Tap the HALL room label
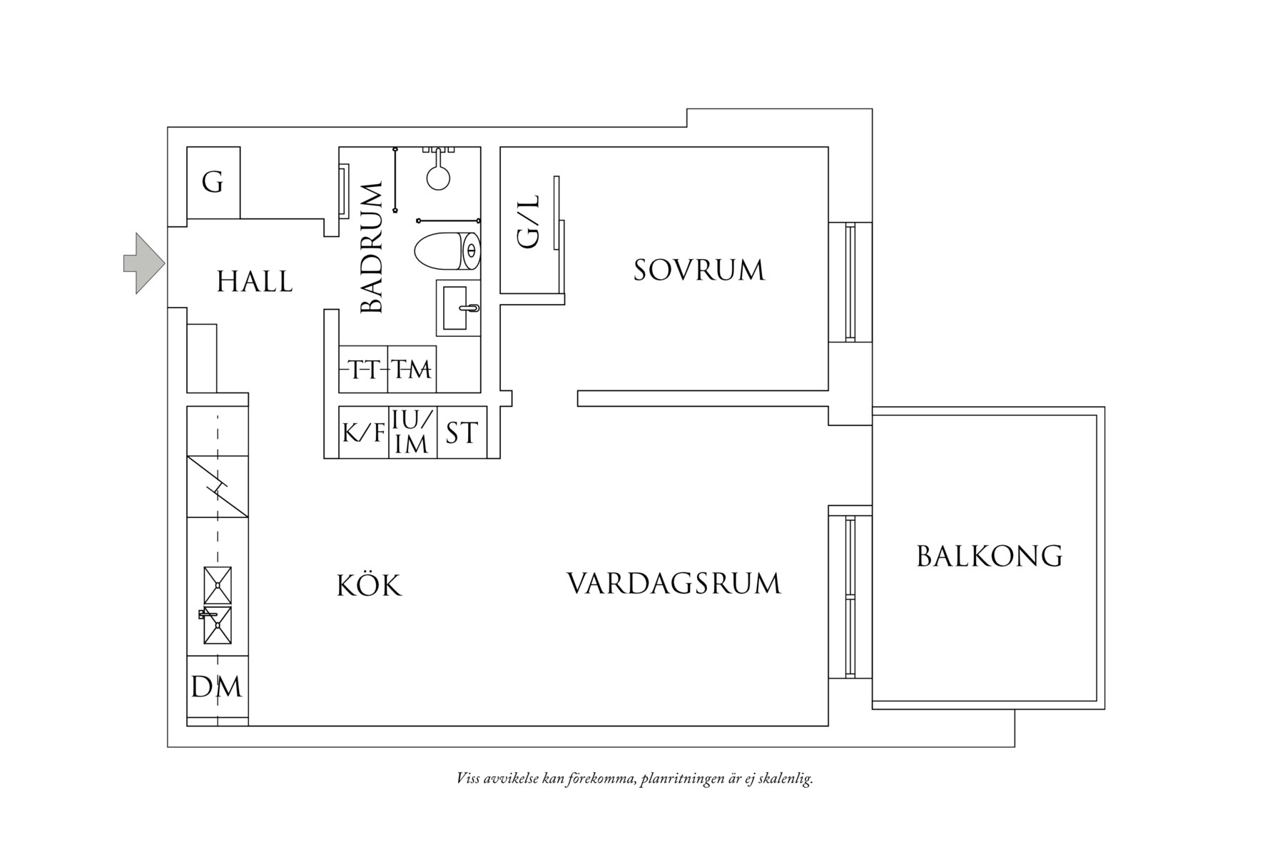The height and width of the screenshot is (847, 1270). [x=255, y=283]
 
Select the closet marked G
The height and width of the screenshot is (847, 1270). [x=213, y=183]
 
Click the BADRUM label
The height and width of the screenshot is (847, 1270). [x=372, y=248]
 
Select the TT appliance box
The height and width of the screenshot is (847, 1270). [x=363, y=370]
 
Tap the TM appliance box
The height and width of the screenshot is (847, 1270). [x=412, y=370]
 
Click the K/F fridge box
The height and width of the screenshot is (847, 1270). [x=363, y=432]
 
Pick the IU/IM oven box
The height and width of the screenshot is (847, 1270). [x=412, y=432]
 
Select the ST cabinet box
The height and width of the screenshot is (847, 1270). [x=462, y=432]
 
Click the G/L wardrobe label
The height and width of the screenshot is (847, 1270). [x=529, y=223]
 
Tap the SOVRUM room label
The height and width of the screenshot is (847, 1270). [x=699, y=270]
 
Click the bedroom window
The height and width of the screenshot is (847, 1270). [x=850, y=282]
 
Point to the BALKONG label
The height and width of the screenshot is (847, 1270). [x=989, y=556]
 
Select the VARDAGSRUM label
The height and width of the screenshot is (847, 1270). [x=674, y=584]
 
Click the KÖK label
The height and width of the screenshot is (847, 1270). [x=369, y=586]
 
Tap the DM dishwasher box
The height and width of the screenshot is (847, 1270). [x=217, y=687]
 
